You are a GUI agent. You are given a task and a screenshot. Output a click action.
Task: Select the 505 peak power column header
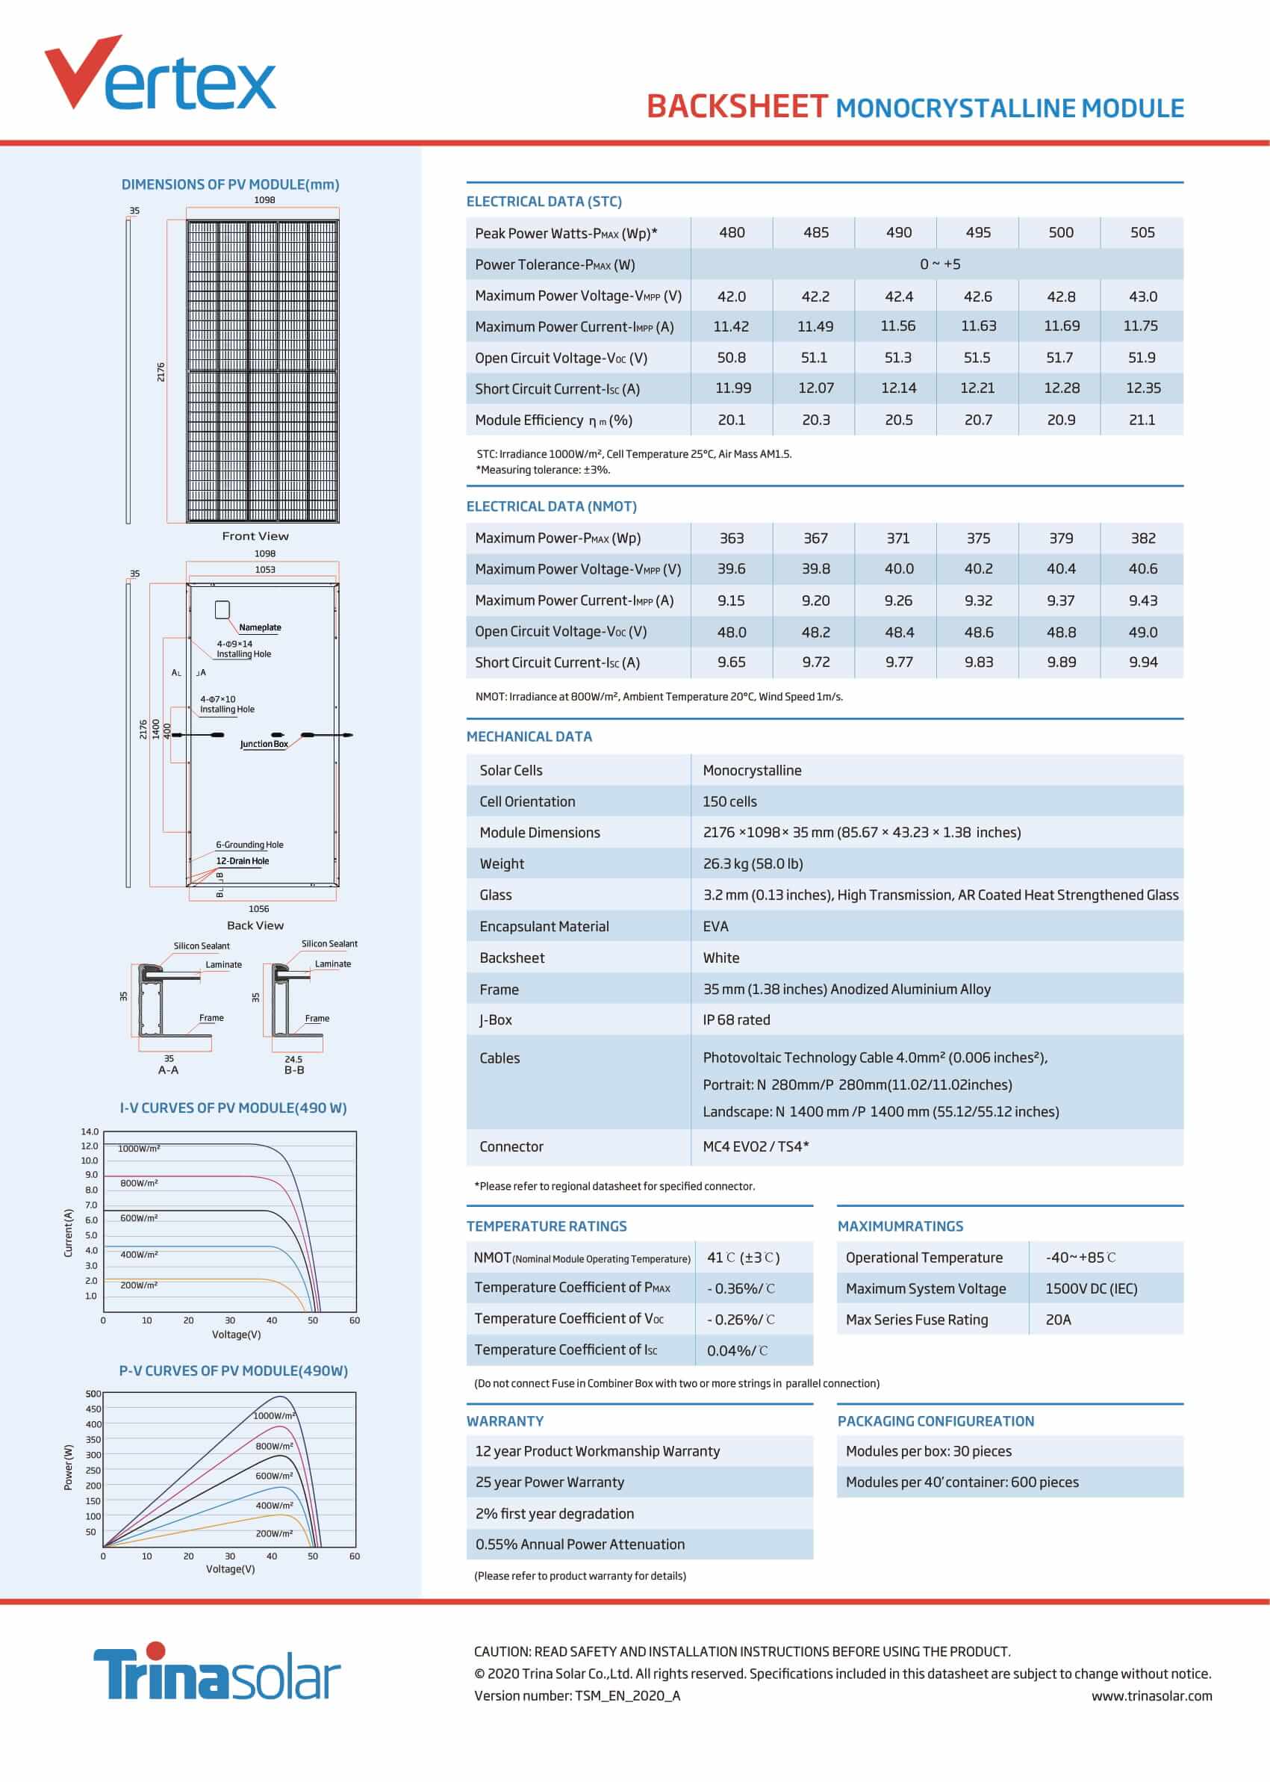pos(1142,232)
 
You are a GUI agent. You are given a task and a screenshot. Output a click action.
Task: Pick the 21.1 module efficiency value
pos(1142,420)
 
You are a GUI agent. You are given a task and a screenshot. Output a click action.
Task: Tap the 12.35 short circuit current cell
pos(1142,388)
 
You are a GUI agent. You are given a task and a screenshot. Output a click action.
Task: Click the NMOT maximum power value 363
pos(731,538)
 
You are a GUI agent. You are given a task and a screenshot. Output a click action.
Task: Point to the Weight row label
pos(502,863)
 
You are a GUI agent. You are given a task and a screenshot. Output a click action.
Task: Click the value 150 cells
pos(729,801)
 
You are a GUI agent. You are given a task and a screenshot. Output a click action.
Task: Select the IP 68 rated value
pos(736,1020)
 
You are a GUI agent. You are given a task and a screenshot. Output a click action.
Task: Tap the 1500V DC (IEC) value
pos(1091,1288)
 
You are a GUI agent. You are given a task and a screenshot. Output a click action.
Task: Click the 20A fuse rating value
pos(1058,1320)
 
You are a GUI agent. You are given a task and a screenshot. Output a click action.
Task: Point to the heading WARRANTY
pos(505,1421)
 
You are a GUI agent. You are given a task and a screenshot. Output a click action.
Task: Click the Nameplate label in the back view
pos(260,627)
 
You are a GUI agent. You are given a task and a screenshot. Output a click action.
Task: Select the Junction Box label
pos(264,744)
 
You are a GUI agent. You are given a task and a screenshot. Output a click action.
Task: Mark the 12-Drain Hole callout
pos(243,860)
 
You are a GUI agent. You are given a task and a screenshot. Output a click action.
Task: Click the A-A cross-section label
pos(168,1070)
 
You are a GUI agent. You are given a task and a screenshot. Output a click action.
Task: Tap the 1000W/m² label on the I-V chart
pos(139,1149)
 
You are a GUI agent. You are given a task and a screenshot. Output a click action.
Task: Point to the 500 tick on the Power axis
pos(93,1393)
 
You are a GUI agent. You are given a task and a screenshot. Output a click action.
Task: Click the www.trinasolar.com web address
pos(1151,1696)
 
